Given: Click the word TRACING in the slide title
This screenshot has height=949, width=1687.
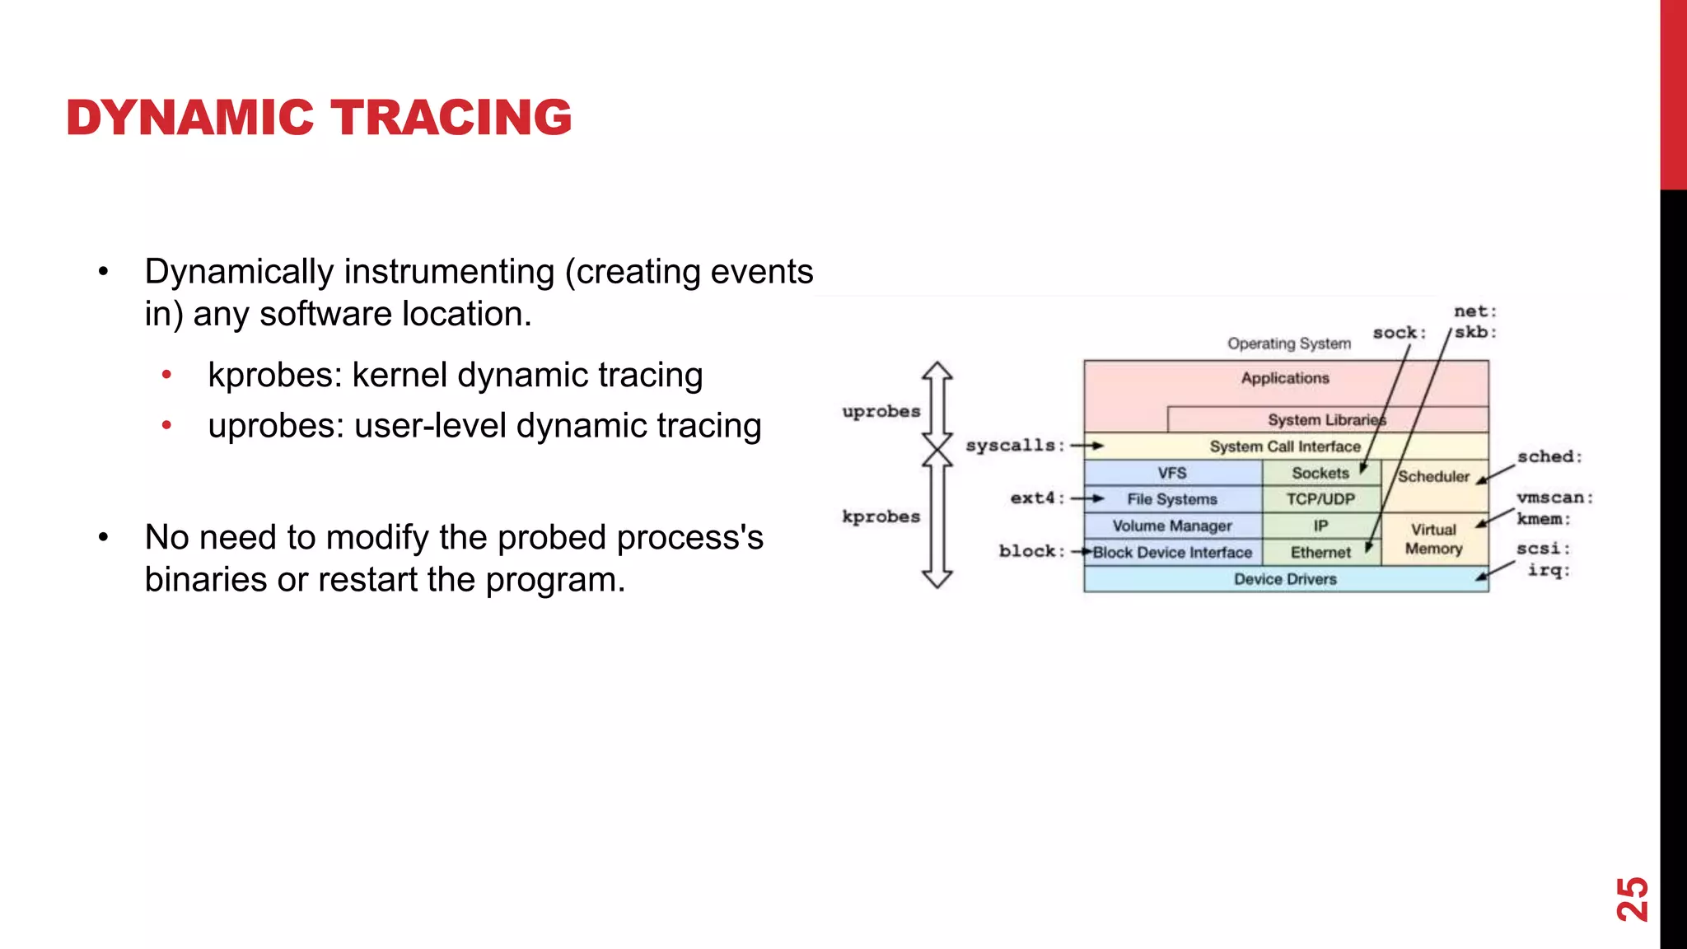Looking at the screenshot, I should point(451,117).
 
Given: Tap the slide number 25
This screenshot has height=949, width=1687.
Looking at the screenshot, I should point(1632,899).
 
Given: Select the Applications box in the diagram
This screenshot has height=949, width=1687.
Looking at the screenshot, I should point(1285,378).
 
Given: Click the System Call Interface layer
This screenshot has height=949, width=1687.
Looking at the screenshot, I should point(1285,446).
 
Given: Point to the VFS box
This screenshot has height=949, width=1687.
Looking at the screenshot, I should point(1172,473).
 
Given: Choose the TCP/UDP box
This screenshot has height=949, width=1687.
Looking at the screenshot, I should point(1320,499).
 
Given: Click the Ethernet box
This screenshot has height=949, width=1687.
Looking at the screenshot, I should point(1320,553).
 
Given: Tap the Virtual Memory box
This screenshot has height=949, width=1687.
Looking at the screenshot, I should point(1433,539).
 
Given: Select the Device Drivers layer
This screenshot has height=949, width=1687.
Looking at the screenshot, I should point(1285,579).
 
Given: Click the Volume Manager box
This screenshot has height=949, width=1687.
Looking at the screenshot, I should point(1172,526).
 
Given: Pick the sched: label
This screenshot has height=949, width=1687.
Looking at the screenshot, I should point(1549,456).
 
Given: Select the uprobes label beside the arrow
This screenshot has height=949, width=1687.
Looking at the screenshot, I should point(881,411).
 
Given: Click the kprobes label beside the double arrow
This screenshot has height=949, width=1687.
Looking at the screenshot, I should point(881,517).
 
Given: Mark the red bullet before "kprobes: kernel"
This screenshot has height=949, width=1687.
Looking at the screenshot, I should point(167,376).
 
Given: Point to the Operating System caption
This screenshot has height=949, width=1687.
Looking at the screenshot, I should point(1289,344).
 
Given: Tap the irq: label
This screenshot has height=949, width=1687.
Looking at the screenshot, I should point(1549,570).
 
